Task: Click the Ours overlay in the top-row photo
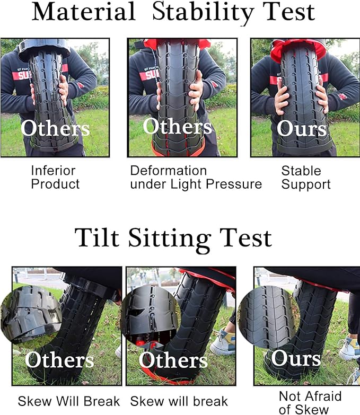point(302,129)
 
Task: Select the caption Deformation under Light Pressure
point(196,178)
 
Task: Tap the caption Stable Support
point(305,178)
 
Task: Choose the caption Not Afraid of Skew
point(310,402)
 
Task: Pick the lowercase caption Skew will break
point(179,401)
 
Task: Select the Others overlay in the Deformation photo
point(177,127)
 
